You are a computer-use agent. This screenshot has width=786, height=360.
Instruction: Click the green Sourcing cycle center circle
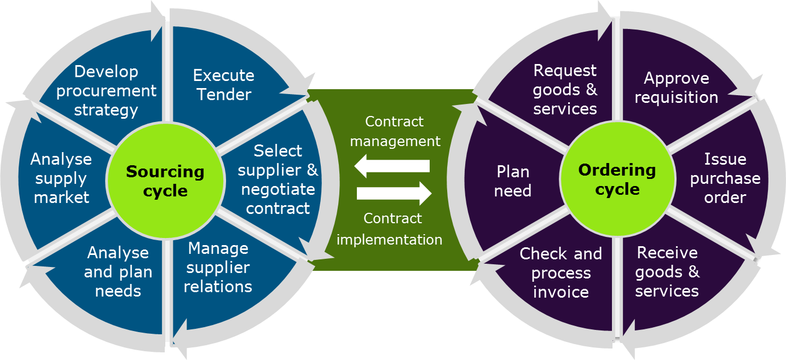[165, 181]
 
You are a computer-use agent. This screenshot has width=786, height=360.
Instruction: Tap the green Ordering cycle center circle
[617, 179]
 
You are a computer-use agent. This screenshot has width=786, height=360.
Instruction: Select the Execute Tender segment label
[224, 85]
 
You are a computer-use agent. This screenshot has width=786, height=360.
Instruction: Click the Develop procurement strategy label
[106, 91]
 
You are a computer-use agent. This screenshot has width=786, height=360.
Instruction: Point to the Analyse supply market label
[61, 178]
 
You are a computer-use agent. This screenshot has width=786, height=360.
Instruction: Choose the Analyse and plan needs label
[118, 272]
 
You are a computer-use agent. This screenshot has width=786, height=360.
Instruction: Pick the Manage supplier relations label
[218, 268]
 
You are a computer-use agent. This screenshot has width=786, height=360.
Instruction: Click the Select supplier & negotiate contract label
[278, 179]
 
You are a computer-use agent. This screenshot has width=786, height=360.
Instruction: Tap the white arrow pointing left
[392, 166]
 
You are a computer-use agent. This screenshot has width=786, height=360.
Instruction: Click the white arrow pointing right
[394, 193]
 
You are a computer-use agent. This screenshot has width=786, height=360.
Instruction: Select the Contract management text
[395, 131]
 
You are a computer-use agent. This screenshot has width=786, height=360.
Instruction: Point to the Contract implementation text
[390, 229]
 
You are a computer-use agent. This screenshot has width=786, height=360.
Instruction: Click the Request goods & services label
[565, 90]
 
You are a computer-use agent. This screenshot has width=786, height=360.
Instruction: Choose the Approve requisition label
[677, 88]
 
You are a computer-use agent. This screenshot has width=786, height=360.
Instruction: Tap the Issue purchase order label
[725, 178]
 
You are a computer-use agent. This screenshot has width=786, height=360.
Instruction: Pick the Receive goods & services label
[667, 271]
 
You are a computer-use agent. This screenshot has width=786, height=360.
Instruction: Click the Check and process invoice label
[560, 272]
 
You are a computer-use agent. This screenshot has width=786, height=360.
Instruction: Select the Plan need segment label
[513, 181]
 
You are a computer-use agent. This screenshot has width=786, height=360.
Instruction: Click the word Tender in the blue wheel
[224, 95]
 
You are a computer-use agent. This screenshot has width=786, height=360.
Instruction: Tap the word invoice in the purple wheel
[560, 292]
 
